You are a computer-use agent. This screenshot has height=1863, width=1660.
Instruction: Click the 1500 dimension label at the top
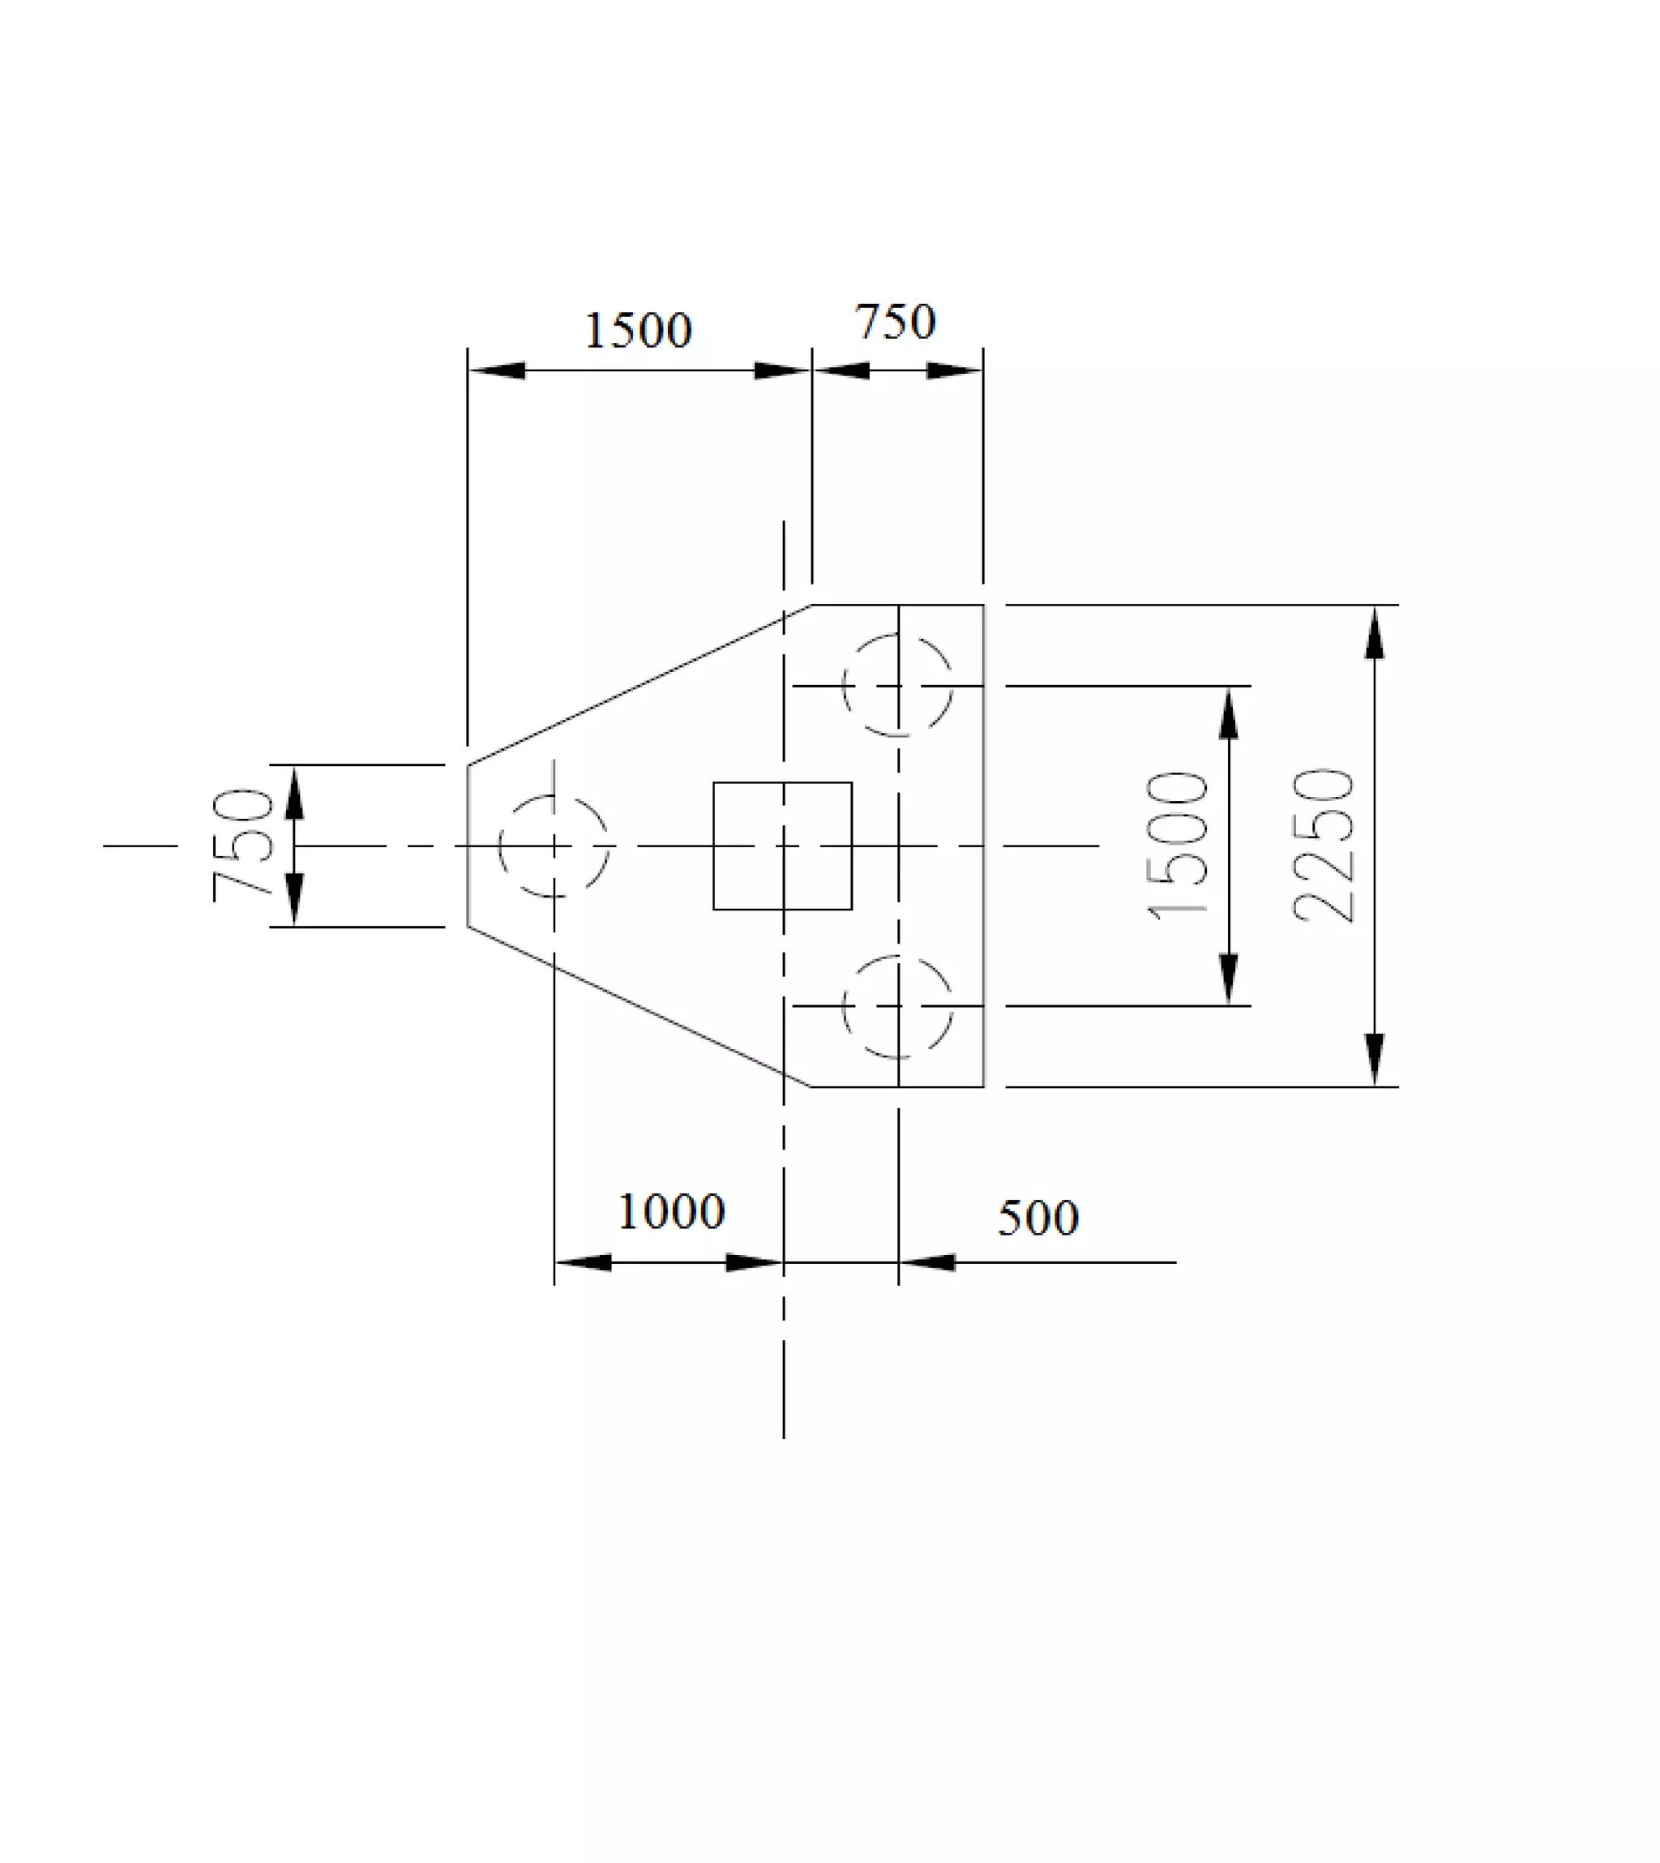[638, 330]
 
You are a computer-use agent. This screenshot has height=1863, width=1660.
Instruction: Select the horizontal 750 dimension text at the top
[895, 322]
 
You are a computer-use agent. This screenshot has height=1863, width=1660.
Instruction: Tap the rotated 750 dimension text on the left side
[242, 845]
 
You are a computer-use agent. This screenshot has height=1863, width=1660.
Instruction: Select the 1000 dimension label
[671, 1211]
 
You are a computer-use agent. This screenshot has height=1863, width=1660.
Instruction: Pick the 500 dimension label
[1038, 1218]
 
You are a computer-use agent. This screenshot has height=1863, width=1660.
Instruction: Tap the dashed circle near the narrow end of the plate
[554, 846]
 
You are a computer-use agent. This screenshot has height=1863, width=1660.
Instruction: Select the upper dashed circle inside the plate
[898, 685]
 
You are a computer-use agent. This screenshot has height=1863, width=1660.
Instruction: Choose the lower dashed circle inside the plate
[898, 1006]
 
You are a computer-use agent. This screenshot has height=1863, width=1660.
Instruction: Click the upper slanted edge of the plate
[639, 684]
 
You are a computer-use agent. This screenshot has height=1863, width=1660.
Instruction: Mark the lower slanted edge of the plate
[639, 1007]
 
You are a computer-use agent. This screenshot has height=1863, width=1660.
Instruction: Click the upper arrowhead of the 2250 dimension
[1375, 632]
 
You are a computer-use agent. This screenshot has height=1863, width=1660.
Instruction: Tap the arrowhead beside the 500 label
[927, 1263]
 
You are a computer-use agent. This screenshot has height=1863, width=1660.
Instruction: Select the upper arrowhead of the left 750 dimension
[293, 792]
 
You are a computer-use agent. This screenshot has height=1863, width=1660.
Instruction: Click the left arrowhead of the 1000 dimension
[582, 1263]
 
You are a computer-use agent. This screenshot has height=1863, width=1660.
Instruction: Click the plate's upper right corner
[983, 605]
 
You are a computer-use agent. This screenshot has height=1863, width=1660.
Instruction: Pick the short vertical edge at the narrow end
[468, 846]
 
